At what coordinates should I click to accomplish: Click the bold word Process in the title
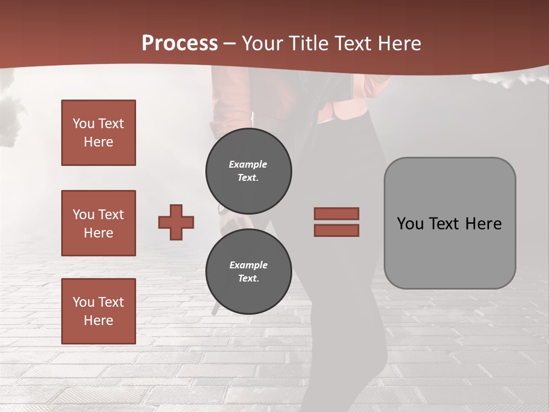(x=180, y=43)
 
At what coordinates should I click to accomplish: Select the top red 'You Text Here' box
(x=98, y=133)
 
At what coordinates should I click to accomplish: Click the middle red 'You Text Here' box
(x=98, y=223)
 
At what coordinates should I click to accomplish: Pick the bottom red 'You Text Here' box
(x=98, y=311)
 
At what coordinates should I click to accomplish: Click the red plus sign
(x=176, y=222)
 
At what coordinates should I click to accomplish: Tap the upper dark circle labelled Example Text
(x=248, y=171)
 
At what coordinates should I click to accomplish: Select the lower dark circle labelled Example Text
(x=248, y=272)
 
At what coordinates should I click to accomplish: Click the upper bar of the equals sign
(x=336, y=213)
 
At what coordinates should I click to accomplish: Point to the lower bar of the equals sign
(x=336, y=230)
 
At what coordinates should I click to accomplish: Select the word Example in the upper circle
(x=248, y=164)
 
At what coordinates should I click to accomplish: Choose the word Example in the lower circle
(x=248, y=265)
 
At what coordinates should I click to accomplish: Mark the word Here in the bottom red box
(x=98, y=320)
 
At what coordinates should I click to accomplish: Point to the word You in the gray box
(x=410, y=224)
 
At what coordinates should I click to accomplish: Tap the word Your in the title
(x=262, y=43)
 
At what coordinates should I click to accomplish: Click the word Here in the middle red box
(x=98, y=233)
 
